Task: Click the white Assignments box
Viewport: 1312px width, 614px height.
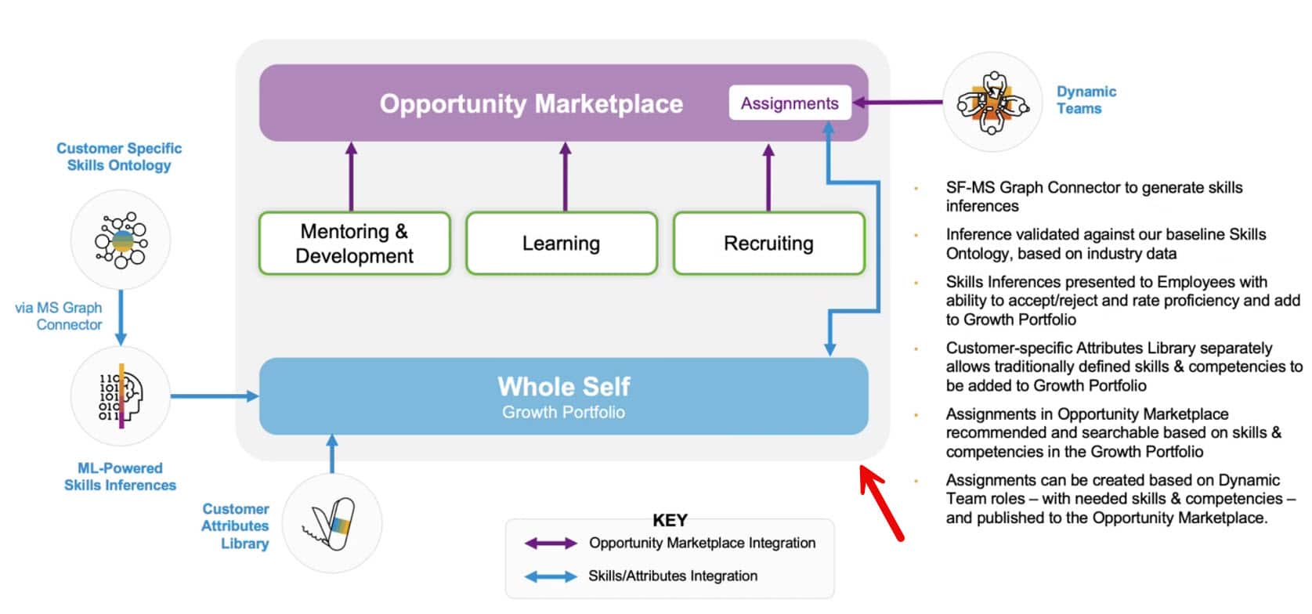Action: click(790, 103)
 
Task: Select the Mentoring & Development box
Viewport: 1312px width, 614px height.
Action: click(354, 244)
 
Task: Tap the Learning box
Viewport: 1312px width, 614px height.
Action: click(561, 244)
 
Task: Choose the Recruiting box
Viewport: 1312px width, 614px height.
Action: click(768, 244)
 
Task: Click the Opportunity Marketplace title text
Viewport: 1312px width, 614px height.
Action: click(531, 103)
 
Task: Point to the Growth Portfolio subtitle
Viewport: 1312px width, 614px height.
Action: click(563, 413)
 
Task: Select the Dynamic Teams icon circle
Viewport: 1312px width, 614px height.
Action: click(992, 103)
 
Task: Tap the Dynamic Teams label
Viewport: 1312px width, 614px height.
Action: click(1086, 100)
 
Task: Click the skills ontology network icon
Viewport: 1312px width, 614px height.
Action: click(121, 240)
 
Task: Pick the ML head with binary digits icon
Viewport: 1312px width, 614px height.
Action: click(121, 395)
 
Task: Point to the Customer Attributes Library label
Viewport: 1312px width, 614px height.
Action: click(235, 526)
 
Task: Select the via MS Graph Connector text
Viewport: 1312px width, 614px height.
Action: click(60, 316)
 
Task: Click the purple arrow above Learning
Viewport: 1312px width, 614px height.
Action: click(565, 176)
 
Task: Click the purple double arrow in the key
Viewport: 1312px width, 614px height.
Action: click(550, 544)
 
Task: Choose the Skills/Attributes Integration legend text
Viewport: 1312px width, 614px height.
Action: click(672, 576)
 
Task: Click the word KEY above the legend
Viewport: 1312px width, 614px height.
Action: click(670, 520)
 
